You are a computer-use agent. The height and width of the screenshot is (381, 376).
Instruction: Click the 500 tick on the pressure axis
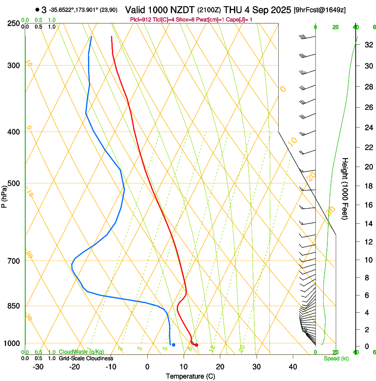13,183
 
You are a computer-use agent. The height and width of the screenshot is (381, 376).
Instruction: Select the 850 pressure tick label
13,306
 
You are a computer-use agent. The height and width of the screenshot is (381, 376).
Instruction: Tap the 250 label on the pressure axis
13,23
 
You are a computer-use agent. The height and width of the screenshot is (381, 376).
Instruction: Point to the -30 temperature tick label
38,366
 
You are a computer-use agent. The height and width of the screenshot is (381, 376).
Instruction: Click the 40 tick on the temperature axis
292,366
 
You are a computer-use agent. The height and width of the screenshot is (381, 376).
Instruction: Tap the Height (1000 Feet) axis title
345,189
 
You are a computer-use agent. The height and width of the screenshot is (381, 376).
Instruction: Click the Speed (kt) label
336,358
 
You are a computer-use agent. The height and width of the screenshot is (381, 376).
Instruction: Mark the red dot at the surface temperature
196,345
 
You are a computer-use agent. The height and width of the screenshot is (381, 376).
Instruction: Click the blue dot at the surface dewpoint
173,345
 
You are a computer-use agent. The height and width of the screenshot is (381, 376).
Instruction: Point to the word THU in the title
233,10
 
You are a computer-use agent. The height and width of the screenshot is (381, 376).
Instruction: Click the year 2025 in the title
278,10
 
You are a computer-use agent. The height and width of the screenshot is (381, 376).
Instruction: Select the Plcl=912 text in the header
140,19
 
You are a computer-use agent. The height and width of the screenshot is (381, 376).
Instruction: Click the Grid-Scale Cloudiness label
86,358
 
